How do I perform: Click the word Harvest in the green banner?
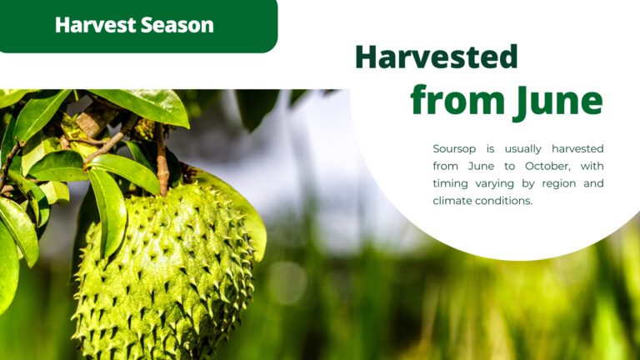(95, 25)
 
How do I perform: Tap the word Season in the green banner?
(177, 25)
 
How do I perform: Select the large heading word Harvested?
(437, 57)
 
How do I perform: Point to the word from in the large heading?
(457, 100)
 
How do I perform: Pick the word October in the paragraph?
(547, 166)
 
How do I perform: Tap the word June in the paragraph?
(481, 166)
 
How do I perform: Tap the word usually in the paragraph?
(522, 149)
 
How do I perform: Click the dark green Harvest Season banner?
(138, 26)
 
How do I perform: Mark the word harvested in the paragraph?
(577, 149)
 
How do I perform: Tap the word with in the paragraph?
(592, 166)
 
